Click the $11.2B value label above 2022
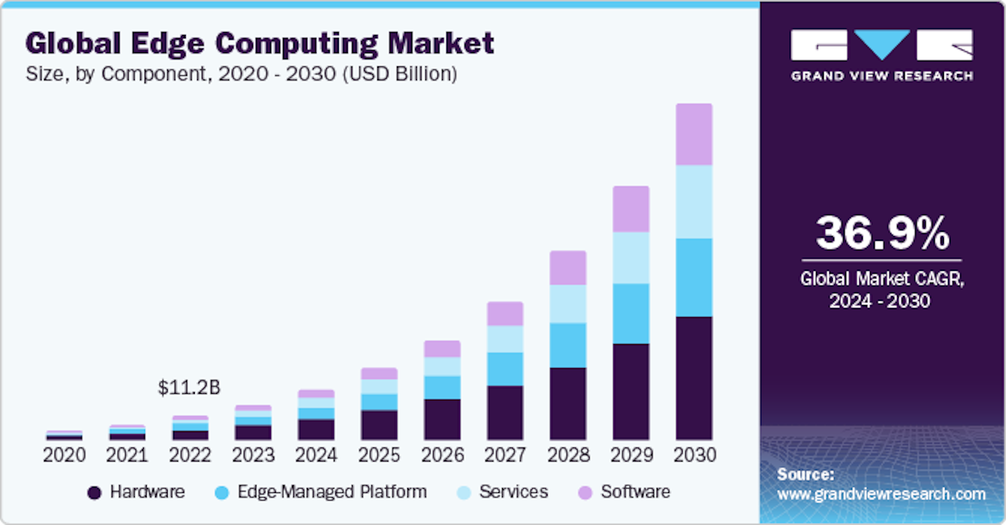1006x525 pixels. click(189, 389)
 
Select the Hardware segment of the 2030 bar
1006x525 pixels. click(694, 378)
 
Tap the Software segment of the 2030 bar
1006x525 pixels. click(694, 134)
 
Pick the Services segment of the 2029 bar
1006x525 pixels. click(631, 258)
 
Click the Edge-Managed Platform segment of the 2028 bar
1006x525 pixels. click(568, 345)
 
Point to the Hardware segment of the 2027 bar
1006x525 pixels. click(505, 412)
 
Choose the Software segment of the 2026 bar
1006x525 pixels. click(442, 349)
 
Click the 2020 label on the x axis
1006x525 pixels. click(64, 455)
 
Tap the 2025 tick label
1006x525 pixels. click(379, 455)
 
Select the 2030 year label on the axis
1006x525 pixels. click(694, 455)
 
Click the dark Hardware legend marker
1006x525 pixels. click(94, 493)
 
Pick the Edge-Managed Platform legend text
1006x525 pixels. click(332, 491)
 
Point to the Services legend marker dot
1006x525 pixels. click(463, 493)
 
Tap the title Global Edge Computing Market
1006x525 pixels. click(260, 43)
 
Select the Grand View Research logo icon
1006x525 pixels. click(882, 45)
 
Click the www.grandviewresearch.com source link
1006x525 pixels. click(881, 494)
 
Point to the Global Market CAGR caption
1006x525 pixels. click(882, 289)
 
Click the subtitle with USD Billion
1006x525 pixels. click(242, 74)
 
